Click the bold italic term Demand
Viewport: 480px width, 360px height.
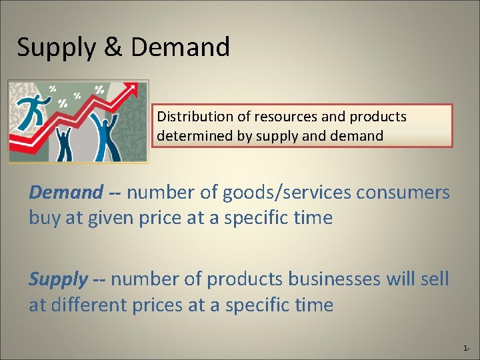[65, 193]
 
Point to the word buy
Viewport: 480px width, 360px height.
[44, 218]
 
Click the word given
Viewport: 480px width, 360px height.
[118, 218]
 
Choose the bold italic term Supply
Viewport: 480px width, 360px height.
[58, 279]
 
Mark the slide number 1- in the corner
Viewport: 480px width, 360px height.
[465, 349]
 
